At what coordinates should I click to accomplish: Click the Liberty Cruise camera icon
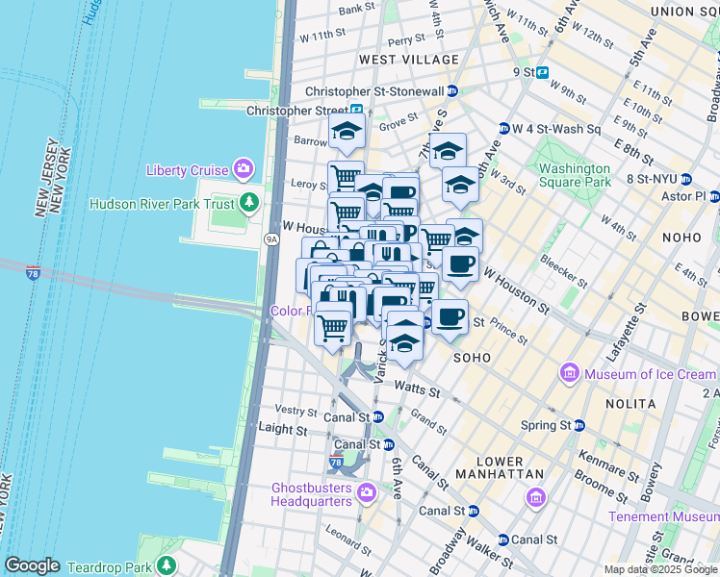(243, 170)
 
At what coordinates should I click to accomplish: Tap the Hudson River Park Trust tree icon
(249, 203)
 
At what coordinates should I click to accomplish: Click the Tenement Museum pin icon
(537, 497)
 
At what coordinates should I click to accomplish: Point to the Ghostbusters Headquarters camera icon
(366, 493)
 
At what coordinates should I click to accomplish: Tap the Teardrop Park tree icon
(167, 564)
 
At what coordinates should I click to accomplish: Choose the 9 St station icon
(543, 72)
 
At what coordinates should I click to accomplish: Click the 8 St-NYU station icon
(686, 179)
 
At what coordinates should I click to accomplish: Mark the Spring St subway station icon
(579, 424)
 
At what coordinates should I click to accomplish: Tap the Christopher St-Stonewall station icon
(452, 90)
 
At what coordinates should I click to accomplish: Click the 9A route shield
(272, 238)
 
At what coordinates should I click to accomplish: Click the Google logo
(32, 565)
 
